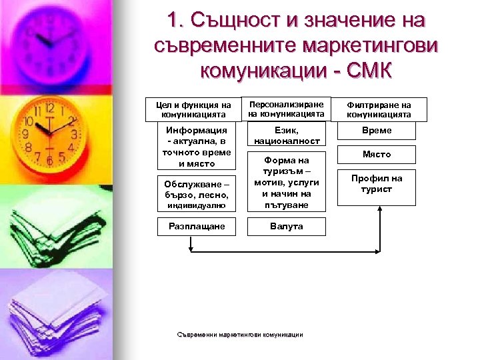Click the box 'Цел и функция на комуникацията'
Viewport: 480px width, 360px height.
pyautogui.click(x=193, y=110)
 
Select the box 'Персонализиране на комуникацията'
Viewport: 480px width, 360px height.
pyautogui.click(x=286, y=109)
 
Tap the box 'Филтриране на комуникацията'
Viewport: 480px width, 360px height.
pyautogui.click(x=379, y=110)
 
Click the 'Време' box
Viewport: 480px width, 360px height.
pyautogui.click(x=377, y=131)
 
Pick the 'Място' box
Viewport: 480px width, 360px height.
pyautogui.click(x=377, y=155)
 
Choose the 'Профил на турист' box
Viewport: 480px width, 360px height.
pyautogui.click(x=377, y=184)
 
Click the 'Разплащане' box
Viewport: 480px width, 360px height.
pyautogui.click(x=196, y=226)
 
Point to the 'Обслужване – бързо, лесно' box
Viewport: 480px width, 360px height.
pyautogui.click(x=196, y=195)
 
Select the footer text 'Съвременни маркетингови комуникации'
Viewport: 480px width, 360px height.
pyautogui.click(x=241, y=335)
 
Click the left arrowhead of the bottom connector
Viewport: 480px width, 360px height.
pyautogui.click(x=193, y=252)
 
